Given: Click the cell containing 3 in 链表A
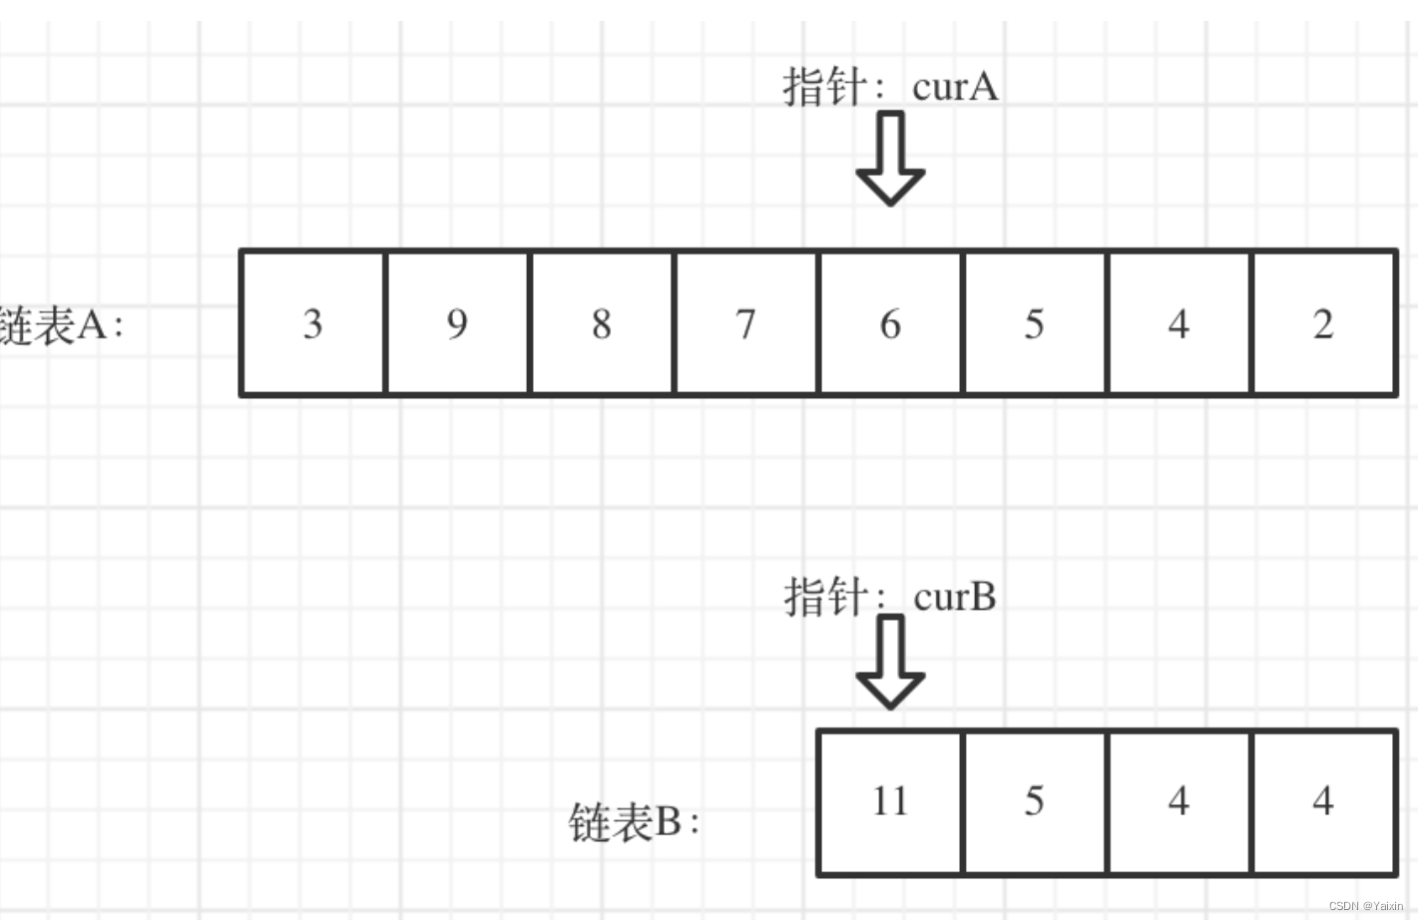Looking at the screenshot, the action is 312,323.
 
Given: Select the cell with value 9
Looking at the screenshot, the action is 457,323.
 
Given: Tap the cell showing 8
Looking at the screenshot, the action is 601,323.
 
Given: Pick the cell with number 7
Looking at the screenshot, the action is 745,323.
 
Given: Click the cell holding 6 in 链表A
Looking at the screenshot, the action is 890,323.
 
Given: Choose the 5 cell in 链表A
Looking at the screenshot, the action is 1034,323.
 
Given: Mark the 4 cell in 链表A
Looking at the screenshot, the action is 1179,323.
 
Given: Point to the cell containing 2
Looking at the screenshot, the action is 1323,323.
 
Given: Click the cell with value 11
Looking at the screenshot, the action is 890,801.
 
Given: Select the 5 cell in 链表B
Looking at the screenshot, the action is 1034,801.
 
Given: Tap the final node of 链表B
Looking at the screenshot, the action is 1323,801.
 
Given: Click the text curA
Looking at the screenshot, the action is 955,87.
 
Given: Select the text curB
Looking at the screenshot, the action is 955,597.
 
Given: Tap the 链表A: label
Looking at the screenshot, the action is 60,325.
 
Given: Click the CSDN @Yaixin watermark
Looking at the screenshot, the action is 1365,906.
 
